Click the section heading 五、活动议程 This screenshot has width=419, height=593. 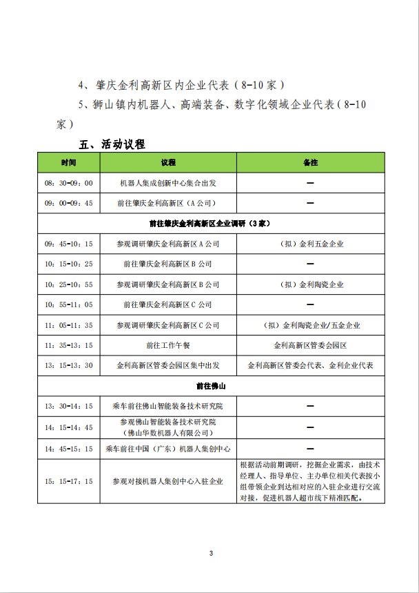click(x=112, y=144)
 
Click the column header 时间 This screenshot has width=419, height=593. click(x=68, y=162)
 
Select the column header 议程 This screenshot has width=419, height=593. click(x=168, y=162)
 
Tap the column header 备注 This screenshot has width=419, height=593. click(x=310, y=162)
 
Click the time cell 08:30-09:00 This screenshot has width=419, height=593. click(x=68, y=183)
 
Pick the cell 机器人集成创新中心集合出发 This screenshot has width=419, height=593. click(x=168, y=183)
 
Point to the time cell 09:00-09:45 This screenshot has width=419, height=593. click(x=68, y=203)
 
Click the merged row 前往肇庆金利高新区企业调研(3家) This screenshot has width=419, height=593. click(x=209, y=224)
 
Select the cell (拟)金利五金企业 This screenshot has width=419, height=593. click(x=310, y=244)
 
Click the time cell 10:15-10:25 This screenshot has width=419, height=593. click(x=68, y=264)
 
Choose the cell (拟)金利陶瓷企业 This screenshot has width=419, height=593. click(x=310, y=284)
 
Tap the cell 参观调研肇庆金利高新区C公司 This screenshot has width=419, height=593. click(x=168, y=324)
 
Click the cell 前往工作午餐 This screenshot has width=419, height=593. click(x=168, y=344)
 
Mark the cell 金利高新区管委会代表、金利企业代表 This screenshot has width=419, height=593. click(x=310, y=365)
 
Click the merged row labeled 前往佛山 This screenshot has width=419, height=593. click(x=209, y=385)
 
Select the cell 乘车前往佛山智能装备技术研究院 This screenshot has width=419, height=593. click(x=168, y=406)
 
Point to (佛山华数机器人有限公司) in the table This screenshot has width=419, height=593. click(x=168, y=433)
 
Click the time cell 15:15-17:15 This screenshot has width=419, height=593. click(x=68, y=481)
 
